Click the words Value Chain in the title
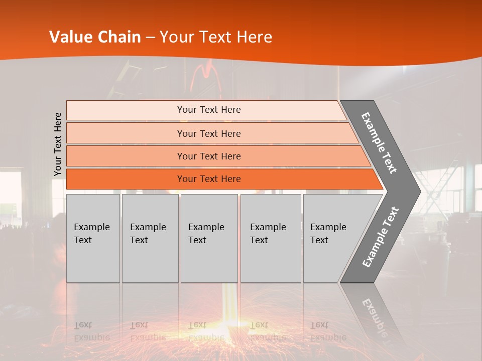pos(95,37)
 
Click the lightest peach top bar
pos(126,110)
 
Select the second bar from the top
pos(126,133)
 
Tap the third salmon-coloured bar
pos(126,156)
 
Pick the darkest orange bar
pos(126,179)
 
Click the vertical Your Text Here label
pos(58,144)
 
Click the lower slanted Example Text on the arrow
pos(381,237)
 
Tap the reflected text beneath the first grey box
pos(91,331)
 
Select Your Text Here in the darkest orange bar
pos(209,179)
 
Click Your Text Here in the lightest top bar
pos(209,110)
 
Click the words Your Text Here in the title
pos(216,37)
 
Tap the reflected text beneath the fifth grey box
pos(328,331)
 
